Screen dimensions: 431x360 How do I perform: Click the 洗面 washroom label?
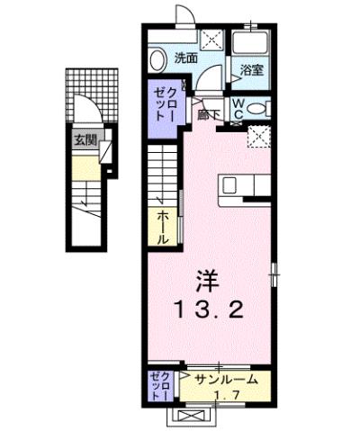(x=185, y=58)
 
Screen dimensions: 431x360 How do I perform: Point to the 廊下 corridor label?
(x=205, y=114)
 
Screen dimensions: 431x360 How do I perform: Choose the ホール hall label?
(x=163, y=227)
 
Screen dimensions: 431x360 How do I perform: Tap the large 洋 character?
(x=208, y=279)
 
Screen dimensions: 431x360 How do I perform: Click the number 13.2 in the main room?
(x=209, y=311)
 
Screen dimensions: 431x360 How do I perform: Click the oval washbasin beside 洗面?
(x=159, y=59)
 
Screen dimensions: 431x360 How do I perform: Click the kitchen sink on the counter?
(x=229, y=184)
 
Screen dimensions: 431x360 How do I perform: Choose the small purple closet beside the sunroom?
(x=158, y=385)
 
